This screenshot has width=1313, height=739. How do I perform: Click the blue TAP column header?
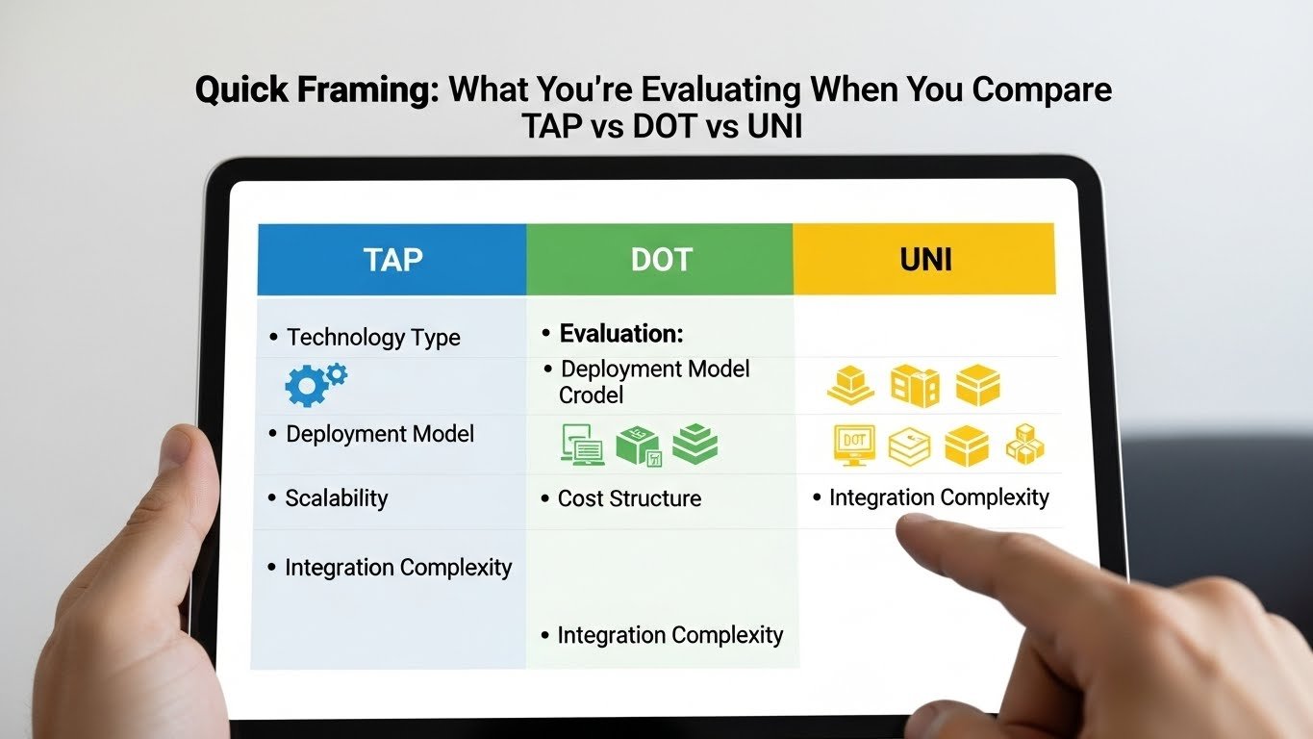[x=392, y=260]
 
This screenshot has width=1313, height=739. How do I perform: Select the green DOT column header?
[x=660, y=260]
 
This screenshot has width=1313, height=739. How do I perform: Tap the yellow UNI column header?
[x=924, y=260]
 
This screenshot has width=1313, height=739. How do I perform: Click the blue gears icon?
[x=316, y=383]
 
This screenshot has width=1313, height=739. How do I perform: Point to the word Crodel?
[x=592, y=395]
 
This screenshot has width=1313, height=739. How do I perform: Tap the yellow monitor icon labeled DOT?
[x=854, y=446]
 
